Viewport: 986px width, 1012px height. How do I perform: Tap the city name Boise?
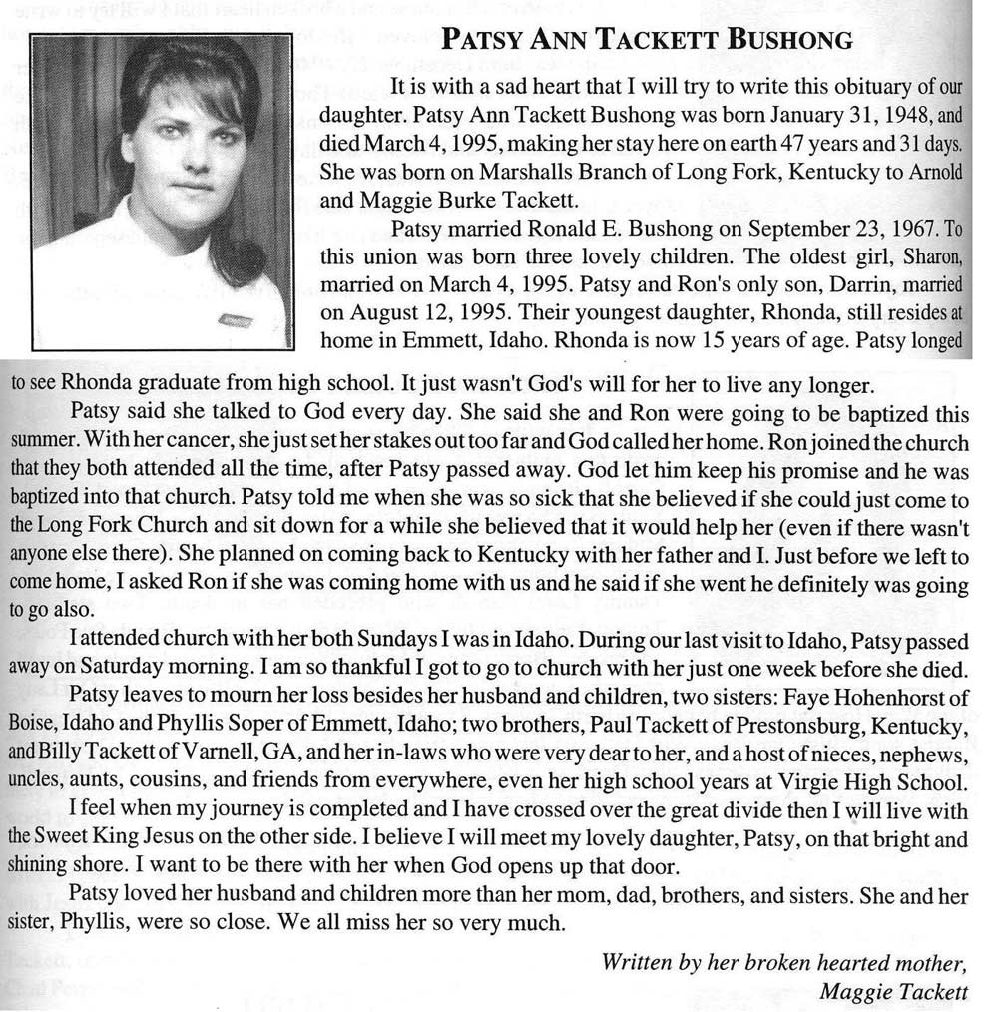31,723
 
